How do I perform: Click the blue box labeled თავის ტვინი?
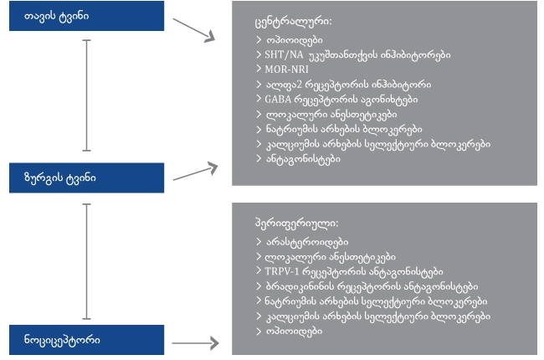pyautogui.click(x=86, y=16)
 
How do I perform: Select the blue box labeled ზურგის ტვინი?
pyautogui.click(x=86, y=177)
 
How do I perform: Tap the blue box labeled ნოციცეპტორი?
pyautogui.click(x=86, y=340)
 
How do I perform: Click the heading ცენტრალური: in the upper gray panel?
pyautogui.click(x=293, y=22)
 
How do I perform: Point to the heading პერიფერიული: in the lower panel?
pyautogui.click(x=296, y=224)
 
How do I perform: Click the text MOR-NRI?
pyautogui.click(x=286, y=69)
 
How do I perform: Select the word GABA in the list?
pyautogui.click(x=278, y=100)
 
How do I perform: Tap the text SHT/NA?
pyautogui.click(x=284, y=54)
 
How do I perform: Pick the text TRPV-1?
pyautogui.click(x=282, y=271)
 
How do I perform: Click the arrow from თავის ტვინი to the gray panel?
pyautogui.click(x=194, y=30)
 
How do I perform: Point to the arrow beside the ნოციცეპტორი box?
pyautogui.click(x=195, y=343)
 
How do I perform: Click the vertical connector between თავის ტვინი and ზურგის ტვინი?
pyautogui.click(x=86, y=95)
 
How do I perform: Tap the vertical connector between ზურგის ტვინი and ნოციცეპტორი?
pyautogui.click(x=86, y=261)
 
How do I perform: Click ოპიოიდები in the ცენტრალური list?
pyautogui.click(x=295, y=40)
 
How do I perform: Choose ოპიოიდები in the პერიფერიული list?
pyautogui.click(x=295, y=332)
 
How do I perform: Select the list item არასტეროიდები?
pyautogui.click(x=307, y=242)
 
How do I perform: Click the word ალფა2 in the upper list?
pyautogui.click(x=284, y=85)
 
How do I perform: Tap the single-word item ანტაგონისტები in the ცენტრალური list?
pyautogui.click(x=303, y=159)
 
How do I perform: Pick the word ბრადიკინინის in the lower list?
pyautogui.click(x=300, y=286)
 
